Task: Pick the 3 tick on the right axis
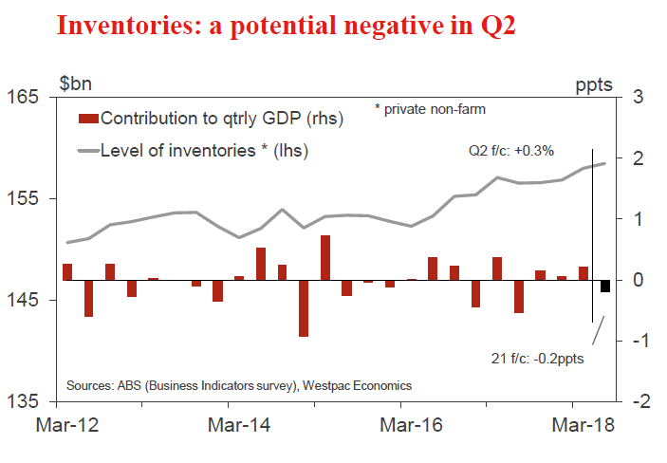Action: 639,98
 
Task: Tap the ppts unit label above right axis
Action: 595,83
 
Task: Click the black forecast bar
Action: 604,287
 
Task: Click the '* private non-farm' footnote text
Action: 430,109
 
